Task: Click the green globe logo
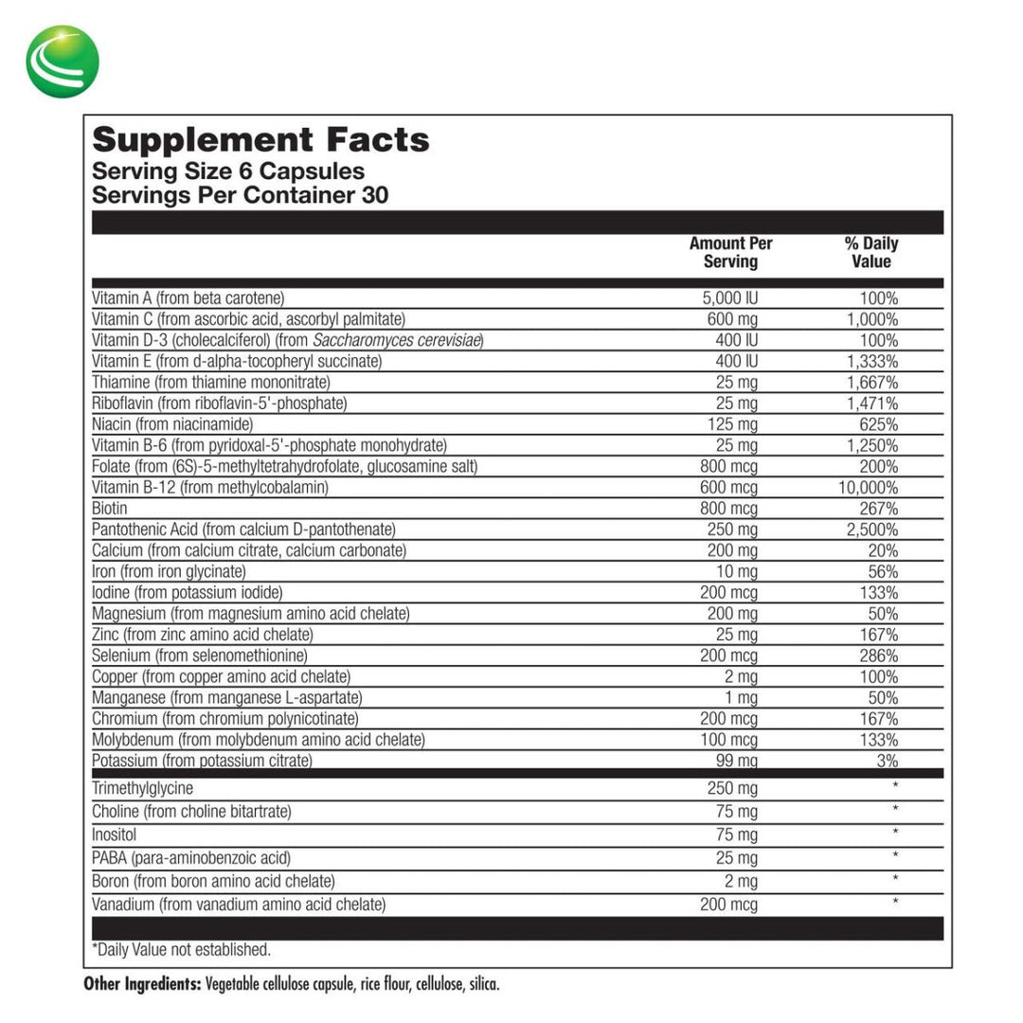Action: [63, 62]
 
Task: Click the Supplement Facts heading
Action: [260, 140]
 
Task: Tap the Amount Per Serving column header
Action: [730, 252]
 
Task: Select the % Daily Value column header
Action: [870, 252]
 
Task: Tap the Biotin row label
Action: [110, 508]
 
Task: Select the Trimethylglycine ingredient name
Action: [142, 788]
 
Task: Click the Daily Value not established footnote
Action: [181, 949]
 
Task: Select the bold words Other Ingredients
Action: [142, 984]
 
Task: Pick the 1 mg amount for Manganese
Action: [740, 697]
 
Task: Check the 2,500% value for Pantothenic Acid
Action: [871, 529]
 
